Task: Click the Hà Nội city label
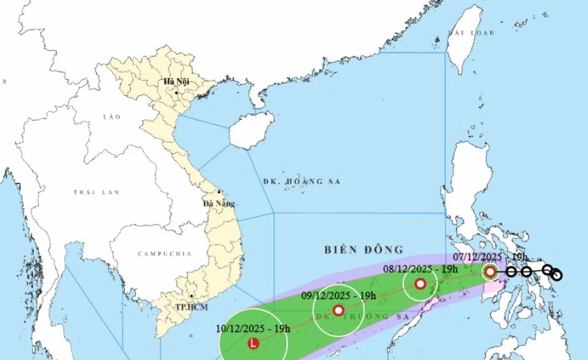(x=176, y=82)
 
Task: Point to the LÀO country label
(x=109, y=117)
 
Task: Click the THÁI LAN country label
(x=97, y=193)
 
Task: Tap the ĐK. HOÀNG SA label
(x=302, y=181)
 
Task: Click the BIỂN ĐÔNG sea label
(x=364, y=250)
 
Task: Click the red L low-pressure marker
(x=253, y=343)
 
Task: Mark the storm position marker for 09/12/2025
(x=338, y=310)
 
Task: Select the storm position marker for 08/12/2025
(x=420, y=283)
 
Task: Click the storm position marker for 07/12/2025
(x=490, y=271)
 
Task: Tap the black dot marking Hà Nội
(x=177, y=93)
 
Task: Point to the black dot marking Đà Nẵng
(x=219, y=192)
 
